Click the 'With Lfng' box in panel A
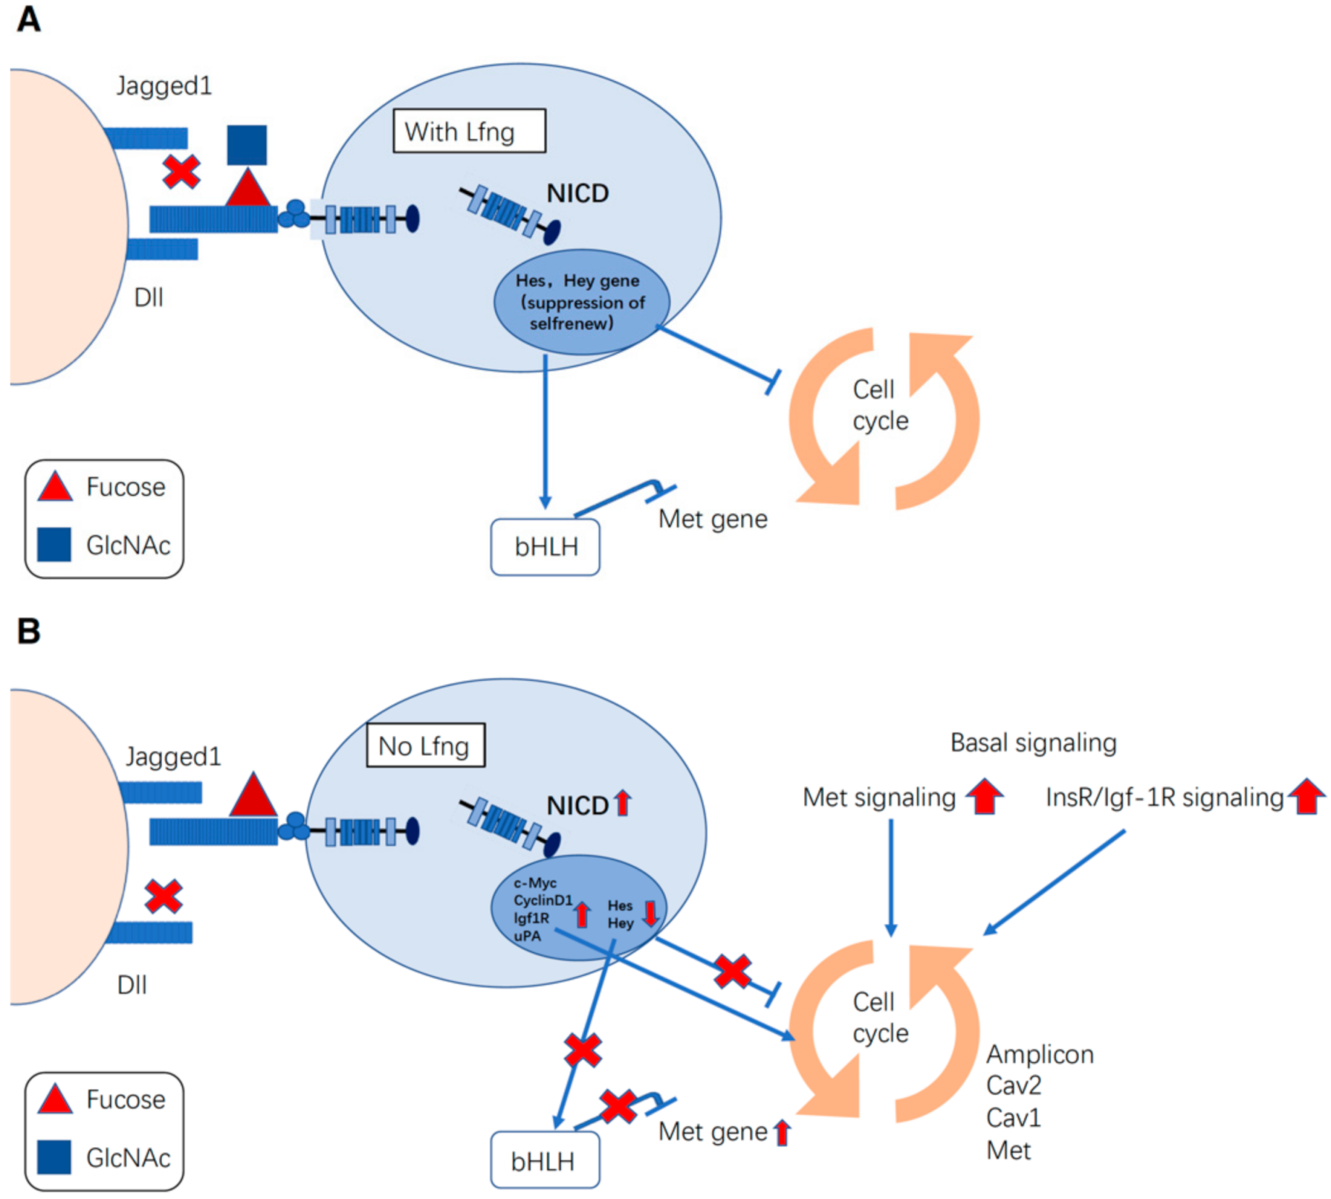click(468, 131)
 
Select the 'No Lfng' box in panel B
click(425, 745)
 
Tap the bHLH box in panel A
click(545, 546)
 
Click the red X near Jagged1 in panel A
click(181, 171)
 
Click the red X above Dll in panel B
click(164, 896)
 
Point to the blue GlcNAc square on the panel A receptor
click(246, 145)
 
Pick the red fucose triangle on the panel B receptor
click(253, 795)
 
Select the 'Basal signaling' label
click(1033, 742)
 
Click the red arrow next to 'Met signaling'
click(984, 796)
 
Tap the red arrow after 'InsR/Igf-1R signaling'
click(1306, 796)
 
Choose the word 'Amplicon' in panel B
click(1039, 1054)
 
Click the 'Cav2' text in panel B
click(1013, 1085)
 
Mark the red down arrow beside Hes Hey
click(650, 913)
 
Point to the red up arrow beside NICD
click(622, 803)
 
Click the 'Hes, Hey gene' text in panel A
click(577, 281)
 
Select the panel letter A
click(29, 20)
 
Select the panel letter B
click(29, 631)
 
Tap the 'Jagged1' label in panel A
click(164, 86)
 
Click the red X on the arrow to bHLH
click(583, 1049)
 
